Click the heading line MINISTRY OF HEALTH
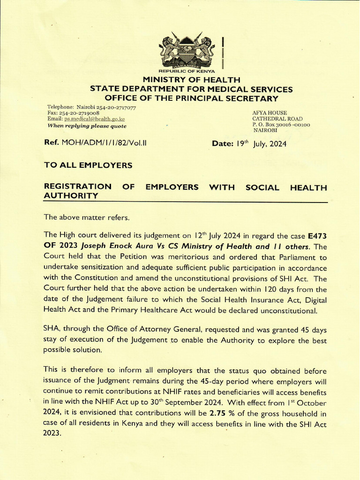[x=191, y=80]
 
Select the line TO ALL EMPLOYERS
[x=88, y=165]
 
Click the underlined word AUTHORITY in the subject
[x=71, y=196]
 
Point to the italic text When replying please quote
[x=87, y=126]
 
